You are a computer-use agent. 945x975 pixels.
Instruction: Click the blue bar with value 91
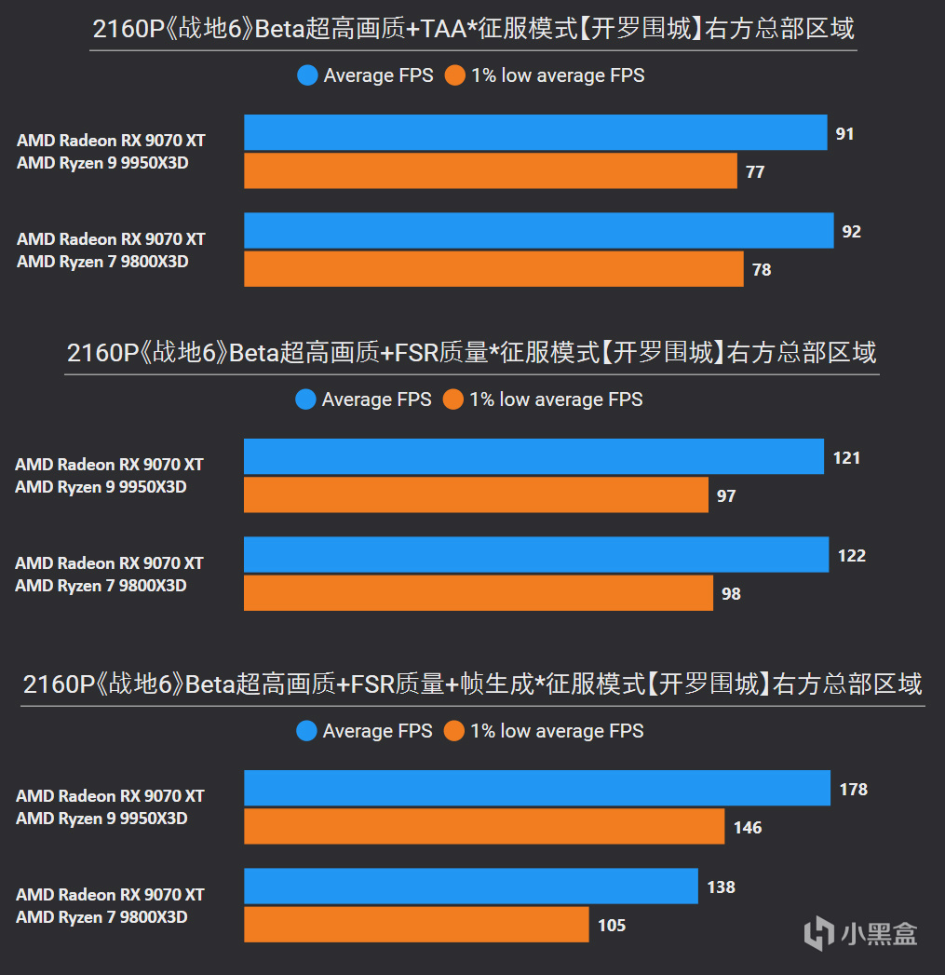coord(535,132)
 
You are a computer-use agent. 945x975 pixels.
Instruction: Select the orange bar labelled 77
coord(490,171)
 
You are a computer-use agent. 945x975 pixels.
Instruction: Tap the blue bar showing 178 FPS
coord(537,788)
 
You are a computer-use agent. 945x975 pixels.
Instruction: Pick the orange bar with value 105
coord(416,925)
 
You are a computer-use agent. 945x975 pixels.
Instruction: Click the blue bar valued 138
coord(471,887)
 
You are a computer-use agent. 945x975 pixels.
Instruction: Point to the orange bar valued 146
coord(484,826)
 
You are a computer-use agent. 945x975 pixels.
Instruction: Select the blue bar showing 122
coord(536,555)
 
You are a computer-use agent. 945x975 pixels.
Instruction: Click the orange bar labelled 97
coord(476,494)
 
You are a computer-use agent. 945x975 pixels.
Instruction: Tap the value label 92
coord(852,231)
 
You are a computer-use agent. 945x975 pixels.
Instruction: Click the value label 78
coord(762,270)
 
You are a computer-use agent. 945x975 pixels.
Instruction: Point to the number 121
coord(846,457)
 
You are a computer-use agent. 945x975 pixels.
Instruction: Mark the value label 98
coord(731,593)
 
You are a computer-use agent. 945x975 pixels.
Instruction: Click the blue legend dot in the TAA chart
coord(307,75)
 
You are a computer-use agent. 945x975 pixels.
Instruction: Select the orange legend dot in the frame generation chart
coord(454,731)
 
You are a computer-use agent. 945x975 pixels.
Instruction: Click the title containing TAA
coord(473,30)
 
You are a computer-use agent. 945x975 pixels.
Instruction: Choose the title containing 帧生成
coord(472,684)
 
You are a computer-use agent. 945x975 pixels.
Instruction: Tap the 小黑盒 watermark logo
coord(860,932)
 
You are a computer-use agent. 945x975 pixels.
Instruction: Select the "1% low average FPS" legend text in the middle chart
coord(556,399)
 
